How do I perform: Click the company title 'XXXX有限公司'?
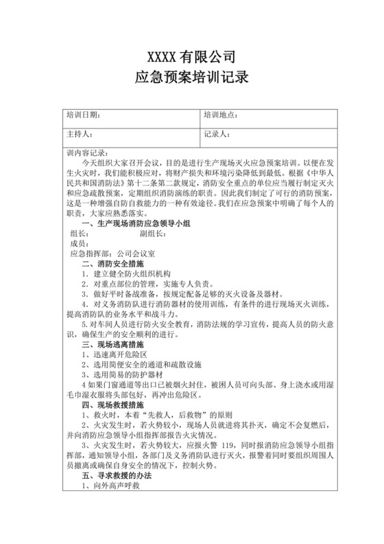click(192, 56)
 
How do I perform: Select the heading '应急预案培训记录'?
click(192, 78)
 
